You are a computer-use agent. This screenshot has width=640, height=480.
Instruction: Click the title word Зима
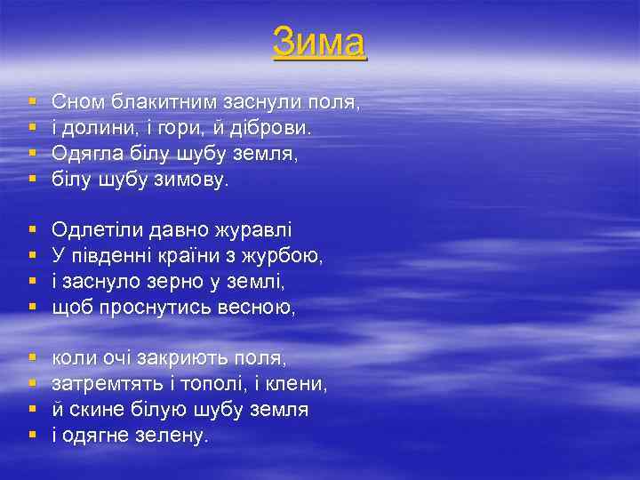tap(319, 42)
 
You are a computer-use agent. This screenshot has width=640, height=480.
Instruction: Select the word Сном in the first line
tap(76, 102)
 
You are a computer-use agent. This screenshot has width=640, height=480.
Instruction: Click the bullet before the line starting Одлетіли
tap(32, 231)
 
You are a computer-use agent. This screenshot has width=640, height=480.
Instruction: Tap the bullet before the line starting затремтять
tap(32, 385)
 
